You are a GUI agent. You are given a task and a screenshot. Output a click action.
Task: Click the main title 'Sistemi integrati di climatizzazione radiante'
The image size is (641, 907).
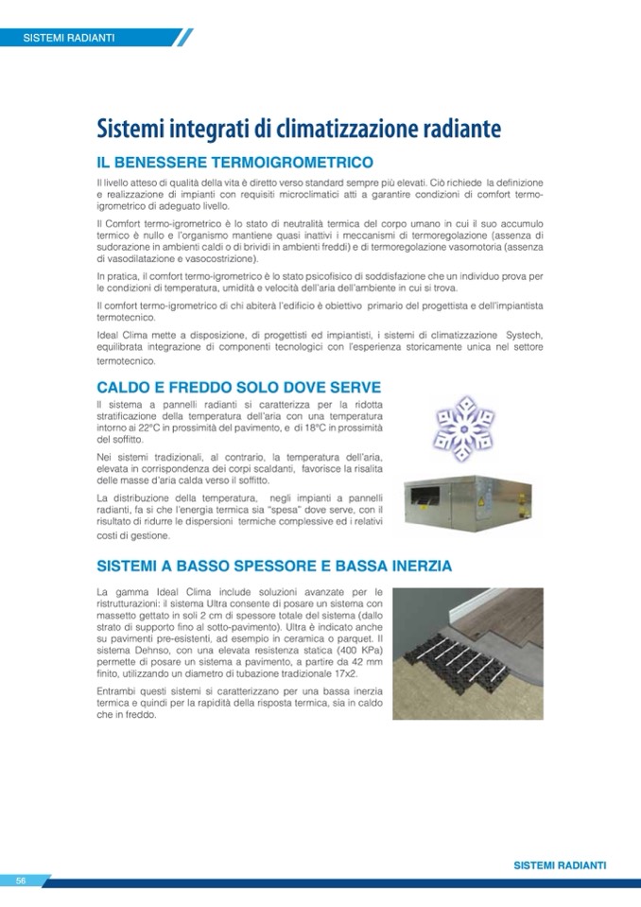pyautogui.click(x=298, y=129)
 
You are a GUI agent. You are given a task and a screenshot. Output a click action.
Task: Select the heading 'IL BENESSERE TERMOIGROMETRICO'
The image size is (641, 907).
pyautogui.click(x=234, y=163)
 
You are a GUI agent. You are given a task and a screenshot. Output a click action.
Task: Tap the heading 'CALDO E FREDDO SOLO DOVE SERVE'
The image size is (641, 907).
pyautogui.click(x=239, y=388)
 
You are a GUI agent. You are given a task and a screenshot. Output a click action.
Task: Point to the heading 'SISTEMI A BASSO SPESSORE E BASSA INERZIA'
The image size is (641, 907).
pyautogui.click(x=274, y=567)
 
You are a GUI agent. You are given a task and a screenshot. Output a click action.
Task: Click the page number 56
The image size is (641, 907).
pyautogui.click(x=20, y=881)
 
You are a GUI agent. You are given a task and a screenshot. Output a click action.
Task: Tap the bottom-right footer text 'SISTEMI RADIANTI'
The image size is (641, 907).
pyautogui.click(x=560, y=865)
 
